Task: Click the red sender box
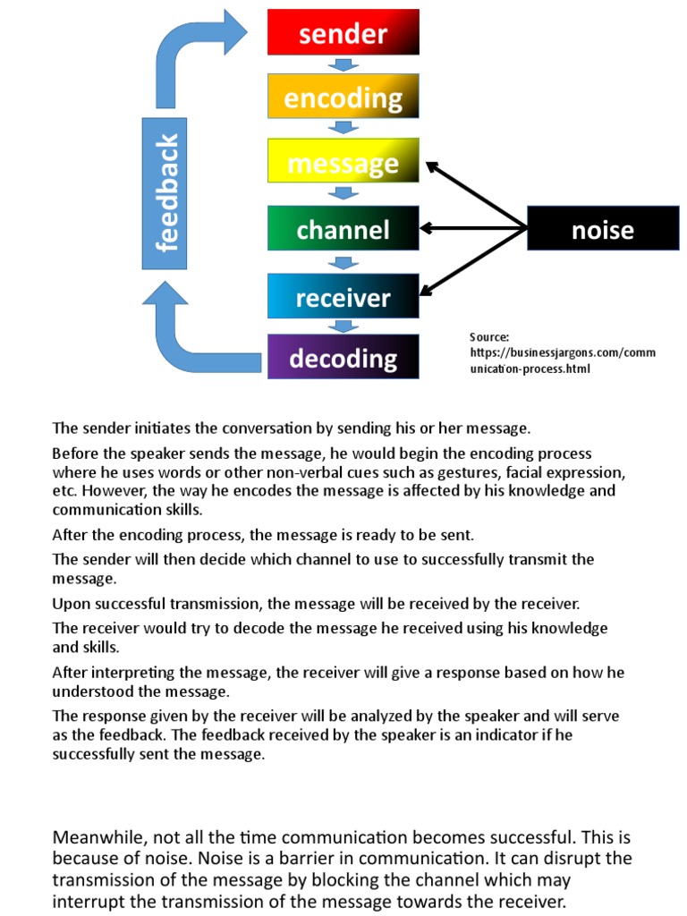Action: point(343,32)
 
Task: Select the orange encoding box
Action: point(343,97)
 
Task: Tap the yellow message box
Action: point(343,162)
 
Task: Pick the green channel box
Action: point(343,229)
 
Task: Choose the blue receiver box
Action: point(343,296)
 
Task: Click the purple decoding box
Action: point(343,357)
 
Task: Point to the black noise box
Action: point(602,229)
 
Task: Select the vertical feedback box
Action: point(165,193)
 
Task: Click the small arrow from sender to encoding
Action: point(343,64)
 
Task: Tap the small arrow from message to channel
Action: point(343,193)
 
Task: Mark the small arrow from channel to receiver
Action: point(343,262)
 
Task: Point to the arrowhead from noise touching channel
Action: point(428,228)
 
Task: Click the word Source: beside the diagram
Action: point(489,336)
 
